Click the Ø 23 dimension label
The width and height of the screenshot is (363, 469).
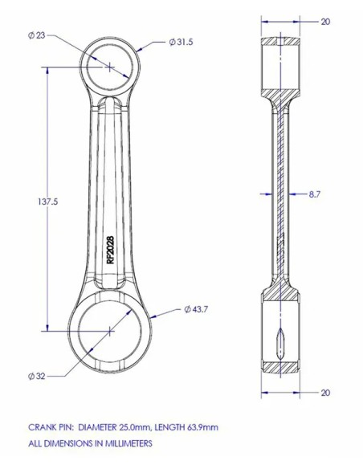pyautogui.click(x=36, y=35)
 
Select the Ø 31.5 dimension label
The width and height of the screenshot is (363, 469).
pyautogui.click(x=181, y=42)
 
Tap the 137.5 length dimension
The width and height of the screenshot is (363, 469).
pyautogui.click(x=48, y=202)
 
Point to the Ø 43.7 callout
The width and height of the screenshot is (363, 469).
pyautogui.click(x=195, y=309)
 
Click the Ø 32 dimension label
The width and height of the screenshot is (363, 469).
pyautogui.click(x=36, y=376)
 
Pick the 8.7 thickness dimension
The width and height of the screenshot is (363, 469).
pyautogui.click(x=315, y=194)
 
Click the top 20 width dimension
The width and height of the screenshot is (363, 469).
pyautogui.click(x=325, y=22)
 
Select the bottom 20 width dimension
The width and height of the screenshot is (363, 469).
pyautogui.click(x=325, y=393)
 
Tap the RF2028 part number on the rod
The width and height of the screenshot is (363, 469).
pyautogui.click(x=110, y=250)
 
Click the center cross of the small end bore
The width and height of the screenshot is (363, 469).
pyautogui.click(x=110, y=67)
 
